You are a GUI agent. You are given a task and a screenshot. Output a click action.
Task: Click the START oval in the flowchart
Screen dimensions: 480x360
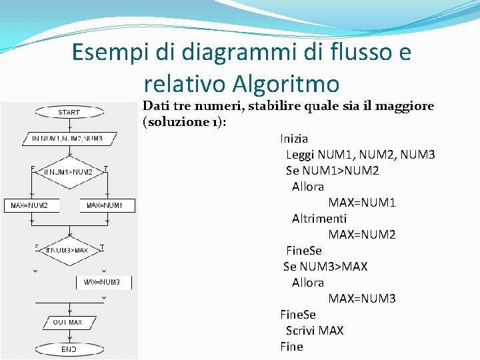click(69, 113)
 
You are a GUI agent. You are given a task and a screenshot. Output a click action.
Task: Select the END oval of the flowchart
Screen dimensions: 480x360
click(69, 349)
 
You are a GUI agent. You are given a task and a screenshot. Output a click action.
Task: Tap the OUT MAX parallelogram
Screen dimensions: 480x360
click(67, 323)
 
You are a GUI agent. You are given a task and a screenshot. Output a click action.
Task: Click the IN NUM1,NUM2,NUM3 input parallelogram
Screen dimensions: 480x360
click(67, 139)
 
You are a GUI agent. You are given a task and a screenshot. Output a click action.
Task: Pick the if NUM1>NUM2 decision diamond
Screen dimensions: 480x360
click(69, 172)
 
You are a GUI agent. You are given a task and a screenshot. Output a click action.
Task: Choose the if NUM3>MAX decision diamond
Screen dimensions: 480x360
click(69, 250)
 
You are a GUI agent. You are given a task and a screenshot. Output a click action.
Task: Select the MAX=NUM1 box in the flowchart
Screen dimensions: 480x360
click(105, 205)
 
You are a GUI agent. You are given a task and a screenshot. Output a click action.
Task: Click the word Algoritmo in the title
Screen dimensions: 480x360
click(287, 84)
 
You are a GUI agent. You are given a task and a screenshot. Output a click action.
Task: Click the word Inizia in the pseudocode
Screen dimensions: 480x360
click(294, 139)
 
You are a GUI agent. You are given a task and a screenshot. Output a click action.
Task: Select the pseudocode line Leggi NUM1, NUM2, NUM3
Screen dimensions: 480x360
click(360, 155)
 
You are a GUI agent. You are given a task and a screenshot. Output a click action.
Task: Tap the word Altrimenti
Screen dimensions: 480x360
click(319, 218)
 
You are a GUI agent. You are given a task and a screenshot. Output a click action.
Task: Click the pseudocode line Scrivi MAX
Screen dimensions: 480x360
click(315, 331)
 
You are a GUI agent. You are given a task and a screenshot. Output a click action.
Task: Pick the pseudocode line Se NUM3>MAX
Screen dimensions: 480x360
click(325, 267)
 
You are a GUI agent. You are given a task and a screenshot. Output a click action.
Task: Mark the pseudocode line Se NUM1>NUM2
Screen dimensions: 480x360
click(332, 171)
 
